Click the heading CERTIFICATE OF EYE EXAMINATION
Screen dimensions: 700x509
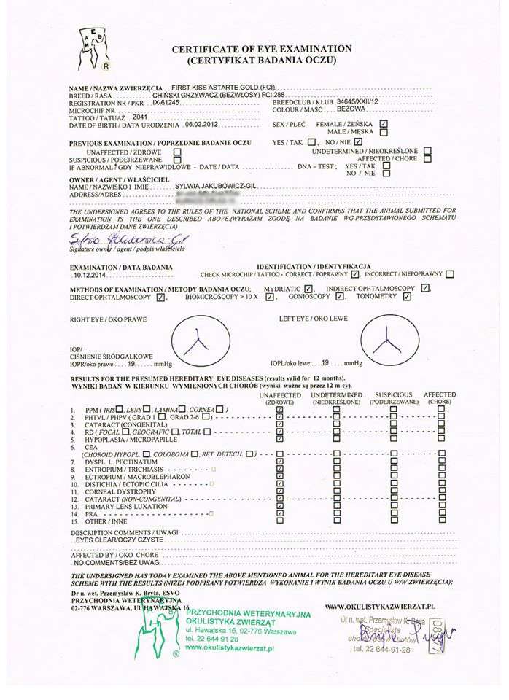[x=261, y=49]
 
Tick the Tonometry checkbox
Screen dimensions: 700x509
[x=407, y=297]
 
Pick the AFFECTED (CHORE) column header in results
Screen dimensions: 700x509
[x=440, y=398]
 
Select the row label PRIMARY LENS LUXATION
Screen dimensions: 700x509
[x=126, y=506]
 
